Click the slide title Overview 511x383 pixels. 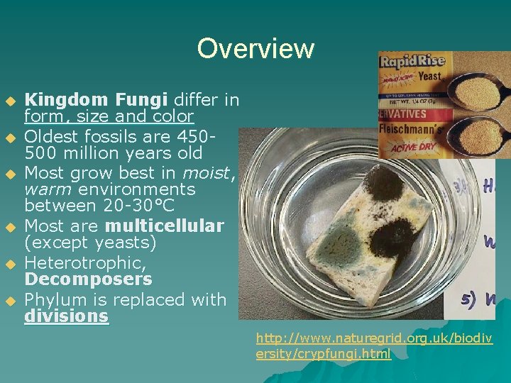(x=255, y=49)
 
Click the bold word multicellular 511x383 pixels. (x=165, y=226)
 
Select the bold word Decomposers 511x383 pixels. (x=88, y=279)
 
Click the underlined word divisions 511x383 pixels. (x=66, y=316)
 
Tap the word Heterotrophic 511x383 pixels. (x=86, y=262)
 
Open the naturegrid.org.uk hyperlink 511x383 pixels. (x=374, y=346)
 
